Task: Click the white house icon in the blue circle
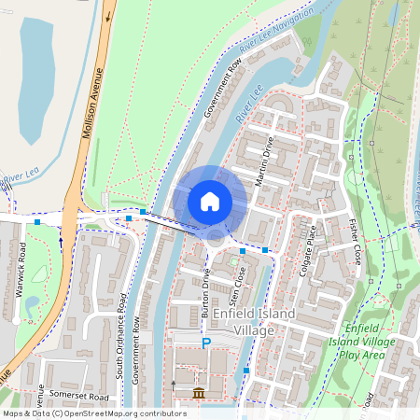click(x=210, y=202)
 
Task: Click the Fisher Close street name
click(x=355, y=242)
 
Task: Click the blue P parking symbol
click(x=206, y=344)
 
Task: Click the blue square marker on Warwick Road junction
click(x=37, y=222)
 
